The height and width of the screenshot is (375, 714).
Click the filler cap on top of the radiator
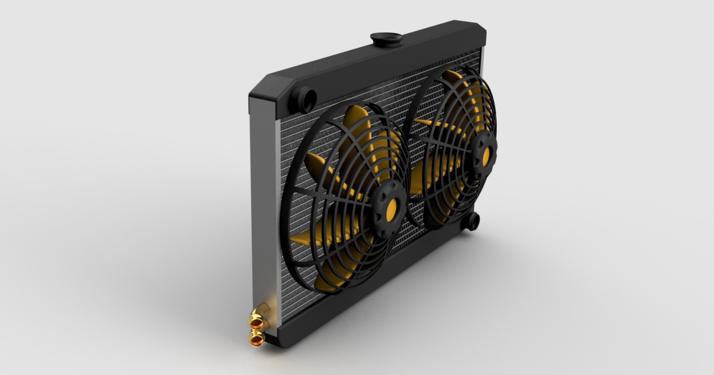(x=386, y=39)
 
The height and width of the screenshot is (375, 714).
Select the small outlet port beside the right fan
(x=471, y=221)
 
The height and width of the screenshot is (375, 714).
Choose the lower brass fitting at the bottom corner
(x=256, y=339)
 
